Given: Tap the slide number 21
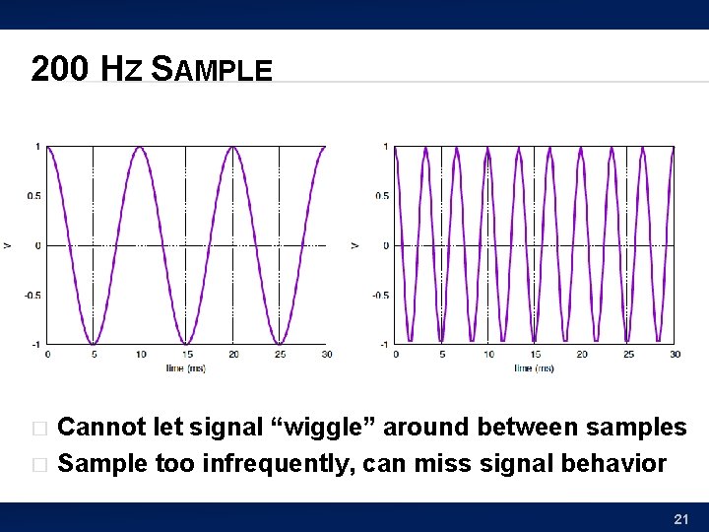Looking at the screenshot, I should (680, 518).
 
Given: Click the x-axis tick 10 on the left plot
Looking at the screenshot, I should (140, 355).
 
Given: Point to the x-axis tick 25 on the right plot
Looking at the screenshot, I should (628, 355).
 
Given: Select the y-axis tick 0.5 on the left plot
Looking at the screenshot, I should (33, 196).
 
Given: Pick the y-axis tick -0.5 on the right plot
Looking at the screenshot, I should (380, 296).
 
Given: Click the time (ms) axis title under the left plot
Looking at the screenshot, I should (186, 367).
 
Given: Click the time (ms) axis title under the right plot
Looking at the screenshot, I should (534, 367).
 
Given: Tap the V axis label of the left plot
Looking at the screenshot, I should (8, 245).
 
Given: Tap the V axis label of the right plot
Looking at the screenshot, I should (354, 245).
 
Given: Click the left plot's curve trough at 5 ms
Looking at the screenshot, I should (94, 343).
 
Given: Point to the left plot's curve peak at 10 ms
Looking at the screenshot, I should (140, 148).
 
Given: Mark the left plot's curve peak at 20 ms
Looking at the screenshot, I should (232, 148).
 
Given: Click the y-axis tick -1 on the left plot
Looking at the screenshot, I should (36, 344).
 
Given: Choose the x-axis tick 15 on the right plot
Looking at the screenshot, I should (535, 355).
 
